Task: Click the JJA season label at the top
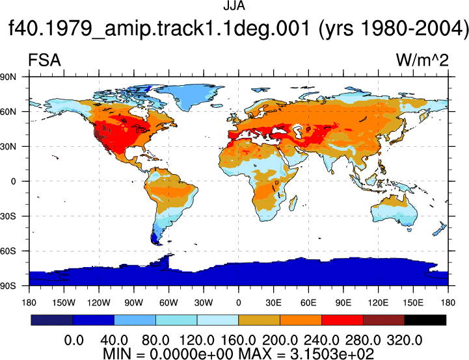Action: click(x=234, y=6)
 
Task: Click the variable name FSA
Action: click(x=44, y=60)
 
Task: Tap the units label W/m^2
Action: click(x=422, y=60)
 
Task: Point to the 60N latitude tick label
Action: click(x=8, y=112)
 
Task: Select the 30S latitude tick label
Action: click(x=8, y=216)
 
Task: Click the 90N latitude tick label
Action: click(x=8, y=77)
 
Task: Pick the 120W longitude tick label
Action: click(x=99, y=303)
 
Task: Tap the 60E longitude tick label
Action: click(x=308, y=303)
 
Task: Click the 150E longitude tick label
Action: click(x=413, y=303)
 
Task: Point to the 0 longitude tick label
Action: click(x=238, y=303)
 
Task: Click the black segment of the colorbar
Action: click(x=425, y=320)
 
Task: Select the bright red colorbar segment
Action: click(x=342, y=320)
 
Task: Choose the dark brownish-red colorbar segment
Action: click(x=384, y=320)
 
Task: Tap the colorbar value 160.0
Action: click(x=238, y=340)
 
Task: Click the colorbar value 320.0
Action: click(x=405, y=340)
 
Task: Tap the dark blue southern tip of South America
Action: click(x=155, y=238)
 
